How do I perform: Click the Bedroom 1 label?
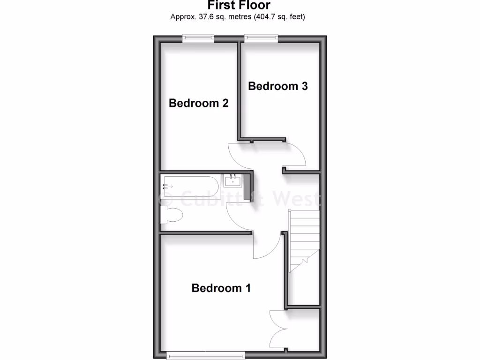click(221, 288)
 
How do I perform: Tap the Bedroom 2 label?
click(198, 103)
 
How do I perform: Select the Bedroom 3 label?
click(277, 86)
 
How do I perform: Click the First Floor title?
click(239, 6)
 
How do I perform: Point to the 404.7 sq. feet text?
click(280, 17)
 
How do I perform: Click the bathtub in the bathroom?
click(190, 187)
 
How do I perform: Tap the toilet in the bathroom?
click(171, 216)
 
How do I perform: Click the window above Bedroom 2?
click(198, 38)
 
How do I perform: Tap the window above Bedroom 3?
click(261, 38)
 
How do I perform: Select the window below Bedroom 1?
click(205, 356)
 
